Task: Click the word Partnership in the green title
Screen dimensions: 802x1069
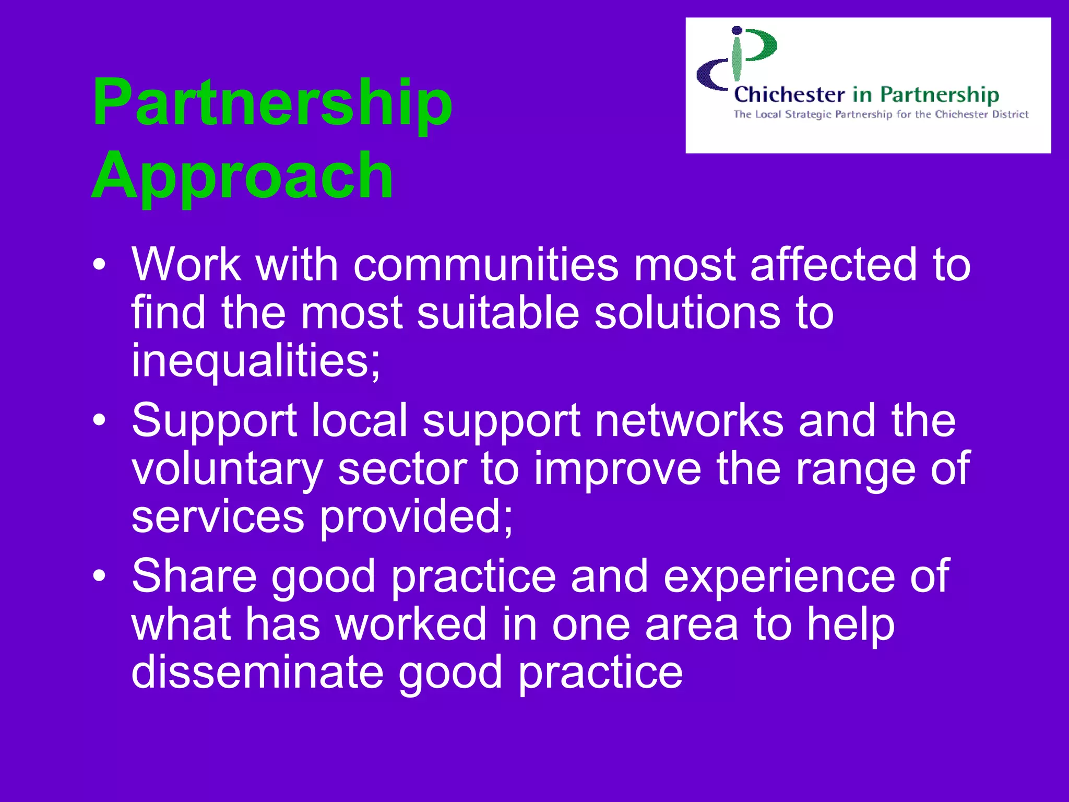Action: point(272,102)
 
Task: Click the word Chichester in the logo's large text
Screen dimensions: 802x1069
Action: point(789,95)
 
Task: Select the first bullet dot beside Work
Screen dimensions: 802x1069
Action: point(99,265)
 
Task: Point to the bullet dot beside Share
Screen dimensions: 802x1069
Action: point(99,575)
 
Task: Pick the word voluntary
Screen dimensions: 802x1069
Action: point(227,469)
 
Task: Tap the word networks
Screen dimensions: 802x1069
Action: point(689,421)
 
